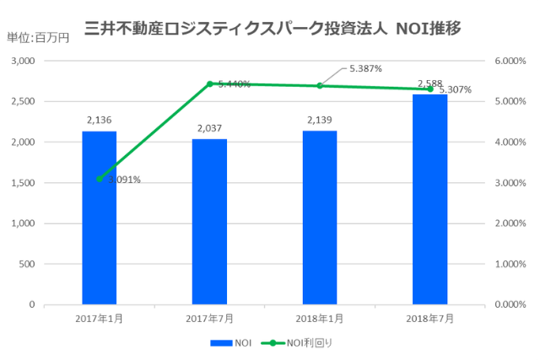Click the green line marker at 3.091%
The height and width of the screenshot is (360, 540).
coord(99,179)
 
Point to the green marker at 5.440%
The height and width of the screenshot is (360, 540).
coord(209,83)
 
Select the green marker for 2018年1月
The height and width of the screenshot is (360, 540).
coord(320,86)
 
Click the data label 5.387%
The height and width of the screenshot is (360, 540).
coord(366,68)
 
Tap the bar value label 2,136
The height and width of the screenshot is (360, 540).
coord(99,121)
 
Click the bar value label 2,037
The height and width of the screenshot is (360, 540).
coord(209,128)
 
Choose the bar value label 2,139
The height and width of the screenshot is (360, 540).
coord(320,121)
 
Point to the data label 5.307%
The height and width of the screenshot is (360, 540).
coord(455,89)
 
